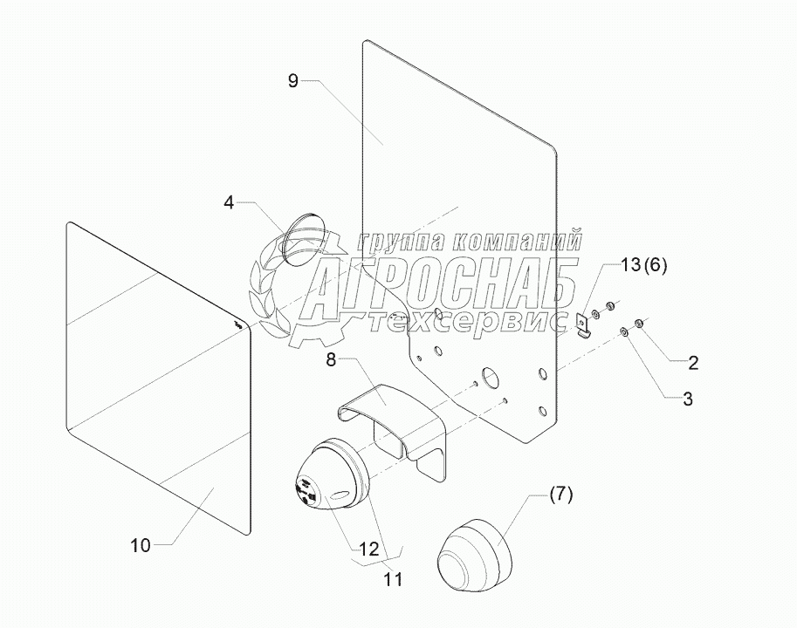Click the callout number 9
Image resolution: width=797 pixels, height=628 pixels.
coord(292,81)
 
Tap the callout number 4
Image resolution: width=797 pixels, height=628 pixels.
coord(229,202)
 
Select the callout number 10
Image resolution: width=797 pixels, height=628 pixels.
coord(141,546)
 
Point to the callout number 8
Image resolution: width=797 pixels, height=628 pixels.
coord(332,358)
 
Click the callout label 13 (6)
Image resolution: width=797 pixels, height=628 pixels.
coord(644,266)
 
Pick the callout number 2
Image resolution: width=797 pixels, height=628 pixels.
coord(693,360)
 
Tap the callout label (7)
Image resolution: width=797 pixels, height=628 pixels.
coord(560,495)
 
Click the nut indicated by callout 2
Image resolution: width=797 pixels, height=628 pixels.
coord(639,324)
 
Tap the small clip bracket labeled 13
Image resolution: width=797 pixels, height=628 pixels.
coord(584,324)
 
